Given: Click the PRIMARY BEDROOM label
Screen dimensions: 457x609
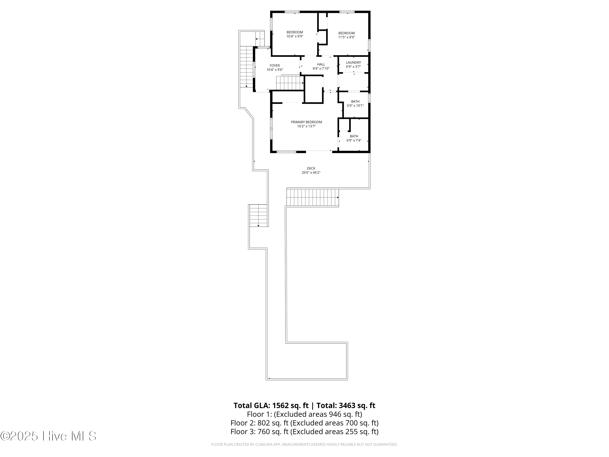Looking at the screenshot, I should pyautogui.click(x=306, y=122).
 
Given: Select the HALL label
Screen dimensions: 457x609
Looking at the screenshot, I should pyautogui.click(x=321, y=64).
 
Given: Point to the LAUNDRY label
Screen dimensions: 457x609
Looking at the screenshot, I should pyautogui.click(x=353, y=63).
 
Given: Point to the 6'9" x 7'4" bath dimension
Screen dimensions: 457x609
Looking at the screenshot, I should pyautogui.click(x=354, y=141).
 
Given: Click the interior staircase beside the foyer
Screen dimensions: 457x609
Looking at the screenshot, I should pyautogui.click(x=290, y=83).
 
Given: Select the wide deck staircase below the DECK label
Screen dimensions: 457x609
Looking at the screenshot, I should pyautogui.click(x=312, y=197).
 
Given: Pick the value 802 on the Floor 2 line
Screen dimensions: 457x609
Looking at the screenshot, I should pyautogui.click(x=263, y=423).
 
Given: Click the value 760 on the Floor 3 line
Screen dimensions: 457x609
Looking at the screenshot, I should pyautogui.click(x=263, y=431).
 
